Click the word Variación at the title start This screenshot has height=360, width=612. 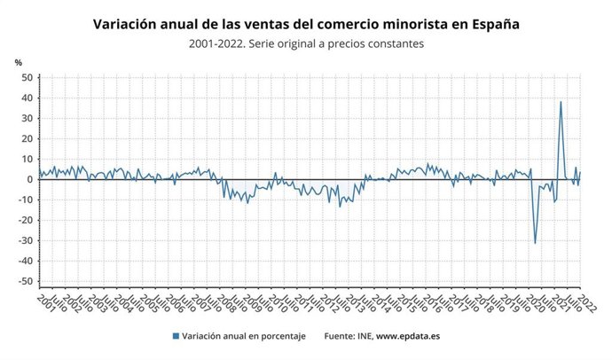[128, 24]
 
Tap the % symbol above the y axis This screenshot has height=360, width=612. [18, 62]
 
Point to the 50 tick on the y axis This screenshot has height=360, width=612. [27, 77]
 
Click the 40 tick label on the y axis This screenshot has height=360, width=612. [27, 98]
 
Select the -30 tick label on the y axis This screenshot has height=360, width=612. [25, 240]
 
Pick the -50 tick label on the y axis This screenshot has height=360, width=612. [25, 281]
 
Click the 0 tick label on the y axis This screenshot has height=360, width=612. [29, 179]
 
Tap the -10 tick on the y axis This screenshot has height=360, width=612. [25, 200]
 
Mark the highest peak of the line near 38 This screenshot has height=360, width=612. [561, 102]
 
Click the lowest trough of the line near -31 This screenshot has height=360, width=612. [535, 242]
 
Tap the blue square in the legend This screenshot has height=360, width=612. [177, 335]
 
